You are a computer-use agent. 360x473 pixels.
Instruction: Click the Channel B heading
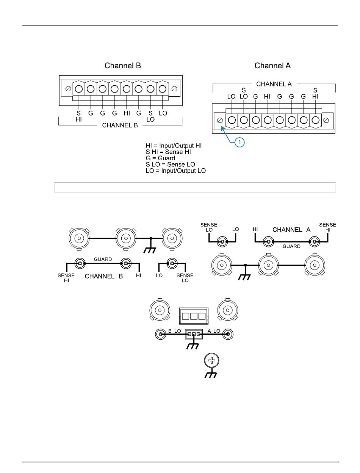(x=122, y=66)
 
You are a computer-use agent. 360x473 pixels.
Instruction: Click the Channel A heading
(x=272, y=66)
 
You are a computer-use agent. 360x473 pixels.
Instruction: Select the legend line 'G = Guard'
(x=160, y=158)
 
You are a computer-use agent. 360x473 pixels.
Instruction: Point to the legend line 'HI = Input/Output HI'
(x=174, y=146)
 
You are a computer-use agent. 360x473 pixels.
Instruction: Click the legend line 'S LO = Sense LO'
(x=170, y=164)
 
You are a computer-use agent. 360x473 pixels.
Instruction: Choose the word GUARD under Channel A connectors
(x=291, y=246)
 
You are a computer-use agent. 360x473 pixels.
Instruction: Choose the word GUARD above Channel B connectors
(x=103, y=259)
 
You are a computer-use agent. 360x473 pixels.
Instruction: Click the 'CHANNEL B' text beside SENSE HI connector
(x=104, y=276)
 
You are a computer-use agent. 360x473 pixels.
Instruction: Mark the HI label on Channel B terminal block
(x=126, y=113)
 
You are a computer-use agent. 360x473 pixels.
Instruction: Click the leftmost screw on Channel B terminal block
(x=69, y=89)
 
